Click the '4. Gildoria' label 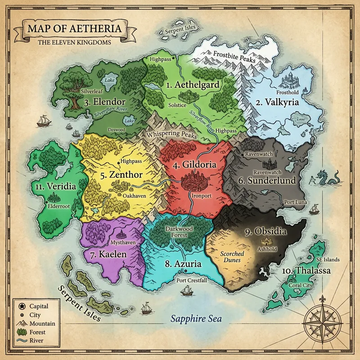tap(194, 165)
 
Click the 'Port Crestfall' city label tap(192, 280)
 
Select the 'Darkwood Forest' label tap(179, 232)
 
